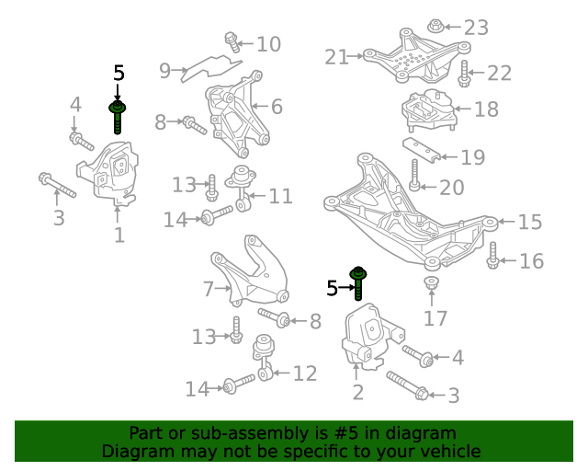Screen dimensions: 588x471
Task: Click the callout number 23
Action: (x=476, y=28)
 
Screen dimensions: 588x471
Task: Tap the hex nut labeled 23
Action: (x=435, y=26)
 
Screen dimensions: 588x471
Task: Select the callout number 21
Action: (x=337, y=57)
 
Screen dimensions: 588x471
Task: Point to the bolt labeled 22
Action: (x=464, y=74)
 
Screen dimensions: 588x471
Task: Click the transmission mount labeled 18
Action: (x=430, y=110)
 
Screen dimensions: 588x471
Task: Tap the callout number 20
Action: (x=452, y=187)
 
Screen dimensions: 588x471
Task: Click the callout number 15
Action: (x=530, y=222)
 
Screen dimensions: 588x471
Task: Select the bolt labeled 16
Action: (x=492, y=256)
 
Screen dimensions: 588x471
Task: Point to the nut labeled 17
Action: (x=431, y=282)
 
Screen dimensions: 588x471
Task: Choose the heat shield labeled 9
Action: (x=211, y=68)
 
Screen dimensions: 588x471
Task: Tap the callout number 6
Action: (x=277, y=107)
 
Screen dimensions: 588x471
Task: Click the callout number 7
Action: (x=209, y=289)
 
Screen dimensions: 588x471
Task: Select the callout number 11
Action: (x=280, y=196)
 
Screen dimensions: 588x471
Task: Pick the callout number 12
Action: (x=305, y=373)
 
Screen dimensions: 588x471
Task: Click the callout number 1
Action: (x=119, y=235)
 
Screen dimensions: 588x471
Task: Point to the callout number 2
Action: (x=358, y=392)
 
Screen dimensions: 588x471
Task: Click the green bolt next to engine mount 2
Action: (x=358, y=283)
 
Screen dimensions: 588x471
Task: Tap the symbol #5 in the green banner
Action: (x=345, y=433)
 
